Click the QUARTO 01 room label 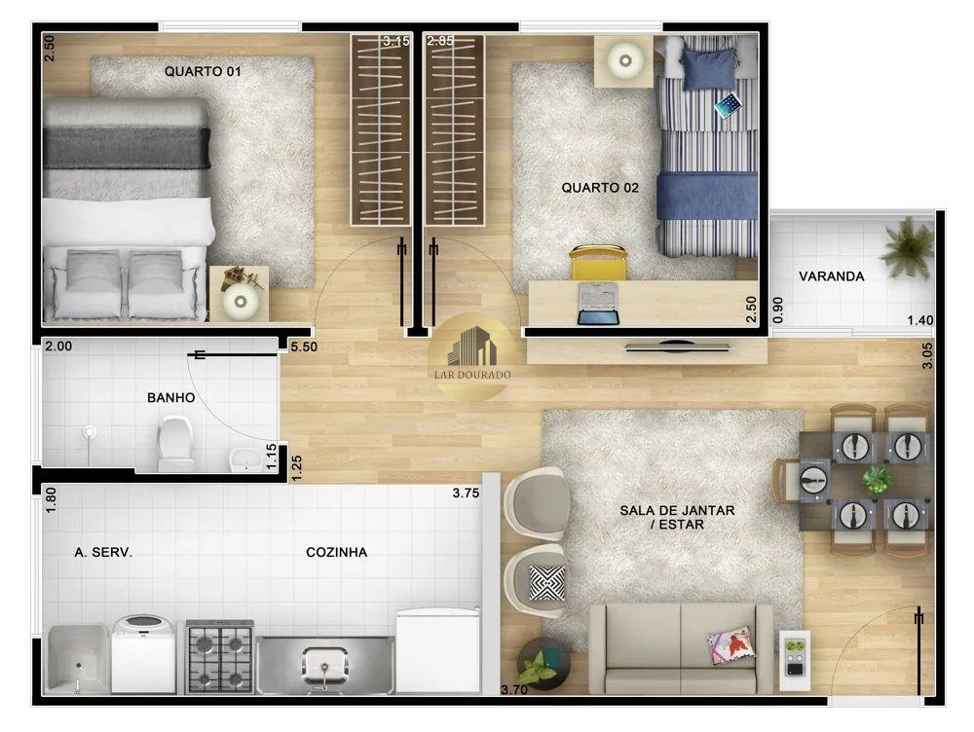203,71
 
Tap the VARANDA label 831,276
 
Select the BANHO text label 170,397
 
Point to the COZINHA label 336,552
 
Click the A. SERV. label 103,552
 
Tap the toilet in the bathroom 175,443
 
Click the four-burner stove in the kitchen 219,656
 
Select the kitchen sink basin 323,664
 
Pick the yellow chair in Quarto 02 599,263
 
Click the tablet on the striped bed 728,105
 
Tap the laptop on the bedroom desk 598,304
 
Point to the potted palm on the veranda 907,247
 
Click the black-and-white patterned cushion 546,583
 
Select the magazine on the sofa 730,644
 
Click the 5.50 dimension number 304,348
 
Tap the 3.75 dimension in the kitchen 466,493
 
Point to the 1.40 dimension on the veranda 920,320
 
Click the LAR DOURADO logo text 472,375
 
